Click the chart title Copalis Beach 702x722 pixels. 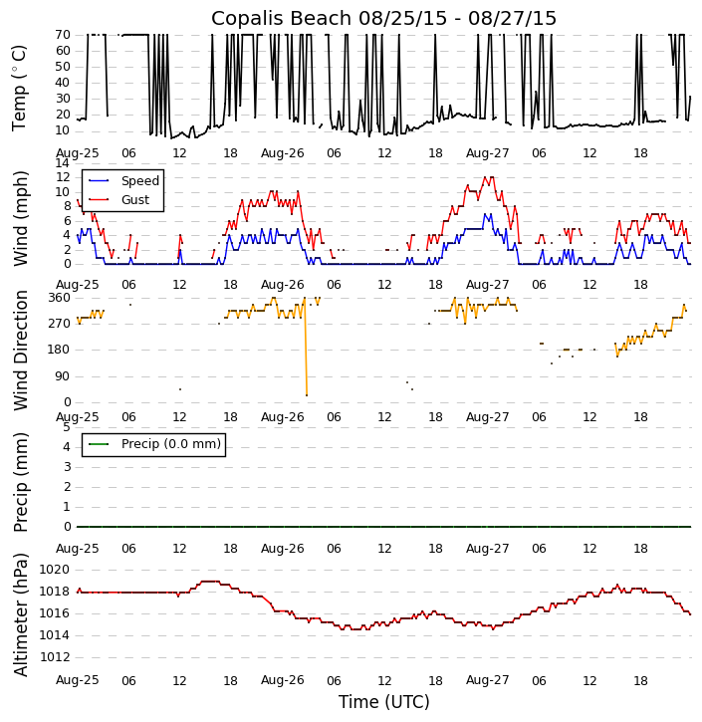click(x=383, y=18)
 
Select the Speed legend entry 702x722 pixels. click(x=139, y=181)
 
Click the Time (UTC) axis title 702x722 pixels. click(x=383, y=702)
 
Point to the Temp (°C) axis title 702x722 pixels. click(x=20, y=87)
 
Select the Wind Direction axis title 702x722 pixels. click(x=20, y=350)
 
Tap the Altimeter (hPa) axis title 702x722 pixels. click(x=20, y=613)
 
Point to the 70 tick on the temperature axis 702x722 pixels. click(x=62, y=35)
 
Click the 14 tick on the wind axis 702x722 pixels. click(x=62, y=163)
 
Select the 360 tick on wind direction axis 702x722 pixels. click(x=58, y=298)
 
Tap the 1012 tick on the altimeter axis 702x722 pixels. click(x=55, y=657)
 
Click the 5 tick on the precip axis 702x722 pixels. click(x=66, y=427)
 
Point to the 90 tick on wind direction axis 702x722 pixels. click(x=62, y=376)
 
